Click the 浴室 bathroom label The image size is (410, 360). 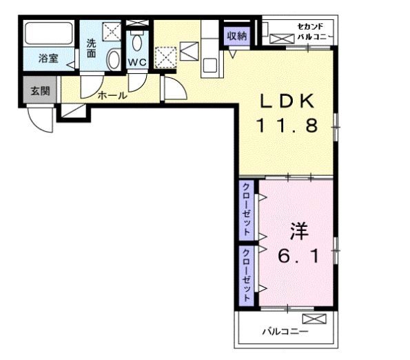coord(48,58)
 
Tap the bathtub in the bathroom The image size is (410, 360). coord(49,34)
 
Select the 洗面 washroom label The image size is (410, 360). coord(91,48)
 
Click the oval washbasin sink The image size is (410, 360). coord(114,60)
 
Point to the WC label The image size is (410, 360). coord(136,63)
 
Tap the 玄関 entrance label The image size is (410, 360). coord(40,91)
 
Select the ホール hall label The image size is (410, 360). coord(112,95)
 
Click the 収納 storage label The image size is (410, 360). coord(237,36)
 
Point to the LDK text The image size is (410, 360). coord(287,101)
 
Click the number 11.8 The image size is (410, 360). coord(287,125)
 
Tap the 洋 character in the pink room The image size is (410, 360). coord(299,231)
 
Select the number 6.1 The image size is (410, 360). coord(298,256)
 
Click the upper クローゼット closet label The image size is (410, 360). coord(246,209)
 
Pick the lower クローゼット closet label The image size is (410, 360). coord(246,275)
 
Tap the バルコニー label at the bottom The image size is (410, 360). coord(285,332)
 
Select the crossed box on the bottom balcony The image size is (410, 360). coord(314,319)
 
